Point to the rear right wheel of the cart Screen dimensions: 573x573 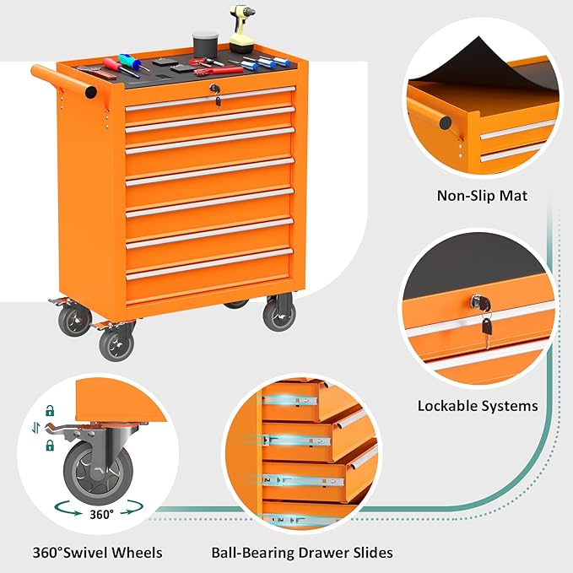[x=278, y=314]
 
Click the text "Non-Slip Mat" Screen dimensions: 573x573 [x=482, y=196]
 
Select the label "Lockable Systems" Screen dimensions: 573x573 [x=478, y=406]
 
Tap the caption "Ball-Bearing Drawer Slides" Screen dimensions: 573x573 [x=302, y=553]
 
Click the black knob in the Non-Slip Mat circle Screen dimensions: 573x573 [x=445, y=122]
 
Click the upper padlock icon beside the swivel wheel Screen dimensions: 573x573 [x=51, y=411]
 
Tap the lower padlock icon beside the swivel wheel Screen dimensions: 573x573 [x=51, y=444]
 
